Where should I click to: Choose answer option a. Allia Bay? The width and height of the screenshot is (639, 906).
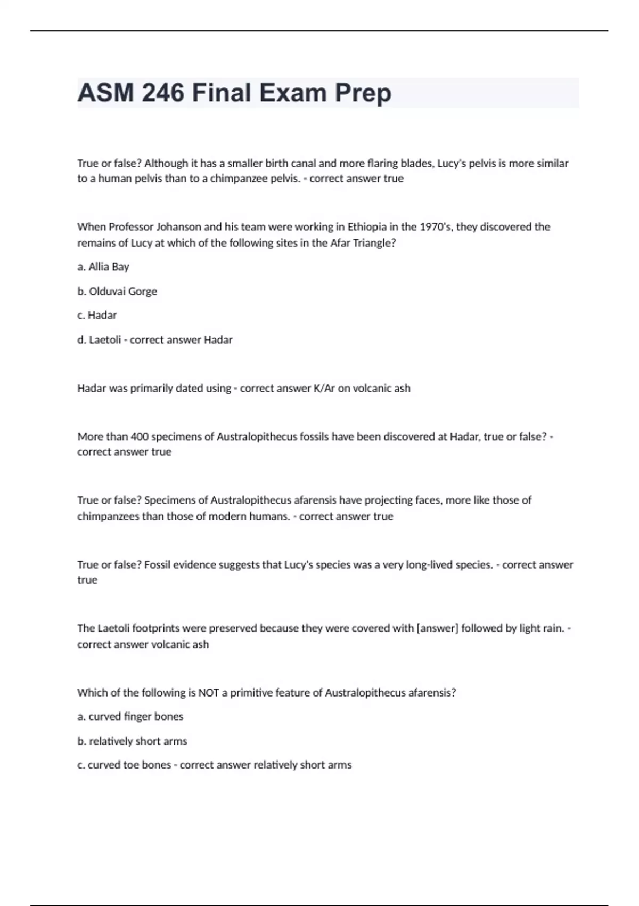click(x=103, y=266)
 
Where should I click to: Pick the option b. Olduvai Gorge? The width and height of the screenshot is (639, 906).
click(x=117, y=291)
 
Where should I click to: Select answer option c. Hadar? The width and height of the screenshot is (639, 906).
click(x=97, y=315)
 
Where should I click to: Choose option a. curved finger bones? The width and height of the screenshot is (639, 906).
click(x=130, y=716)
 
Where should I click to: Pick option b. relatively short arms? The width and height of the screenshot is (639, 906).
click(x=132, y=741)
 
